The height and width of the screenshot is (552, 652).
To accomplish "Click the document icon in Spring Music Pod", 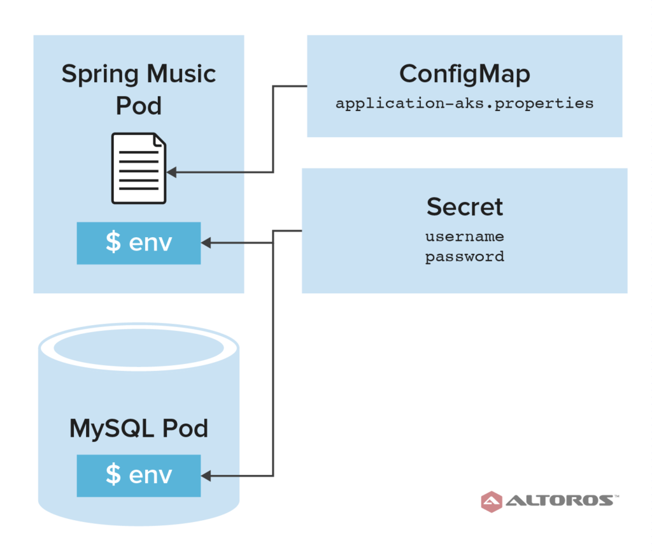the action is tap(139, 168).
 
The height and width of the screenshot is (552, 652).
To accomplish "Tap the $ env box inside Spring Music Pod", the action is tap(139, 243).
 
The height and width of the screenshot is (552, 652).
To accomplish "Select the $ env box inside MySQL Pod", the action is tap(139, 476).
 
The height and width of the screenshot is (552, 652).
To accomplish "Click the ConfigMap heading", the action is tap(464, 74).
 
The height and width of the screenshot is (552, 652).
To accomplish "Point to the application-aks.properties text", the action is tap(464, 103).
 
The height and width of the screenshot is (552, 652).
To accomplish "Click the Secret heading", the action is tap(464, 207).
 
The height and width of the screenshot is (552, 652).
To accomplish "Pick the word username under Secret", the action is tap(464, 237).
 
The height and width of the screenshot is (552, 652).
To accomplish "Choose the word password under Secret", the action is tap(464, 257).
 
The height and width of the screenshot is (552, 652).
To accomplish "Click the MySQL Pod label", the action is tap(139, 428).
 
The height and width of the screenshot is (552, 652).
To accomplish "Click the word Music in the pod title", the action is tap(181, 74).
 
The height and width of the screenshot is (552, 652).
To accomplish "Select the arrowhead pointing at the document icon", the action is tap(171, 172).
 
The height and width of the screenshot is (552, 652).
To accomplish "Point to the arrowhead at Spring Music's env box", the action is tap(206, 243).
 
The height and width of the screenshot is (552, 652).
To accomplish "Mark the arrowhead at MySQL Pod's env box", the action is tap(206, 476).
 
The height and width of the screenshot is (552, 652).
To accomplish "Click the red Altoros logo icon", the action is tap(492, 501).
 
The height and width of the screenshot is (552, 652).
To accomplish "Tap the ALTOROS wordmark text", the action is tap(560, 500).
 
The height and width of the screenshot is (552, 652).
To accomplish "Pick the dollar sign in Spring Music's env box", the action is tap(113, 242).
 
